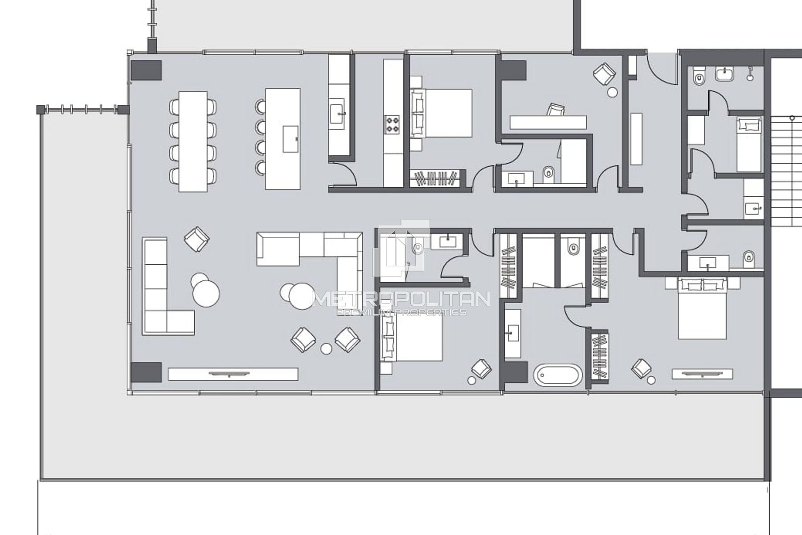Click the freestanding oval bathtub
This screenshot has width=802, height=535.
click(558, 375)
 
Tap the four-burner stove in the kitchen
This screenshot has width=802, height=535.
click(392, 124)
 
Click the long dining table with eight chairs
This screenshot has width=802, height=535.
click(193, 141)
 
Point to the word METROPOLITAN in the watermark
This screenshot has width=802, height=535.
click(401, 299)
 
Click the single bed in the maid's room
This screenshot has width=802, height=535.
click(749, 144)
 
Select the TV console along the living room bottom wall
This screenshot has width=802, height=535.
click(233, 374)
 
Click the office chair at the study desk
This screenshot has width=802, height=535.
click(556, 110)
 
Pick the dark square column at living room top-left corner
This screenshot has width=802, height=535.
click(146, 70)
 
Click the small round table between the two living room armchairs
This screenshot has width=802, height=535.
click(327, 348)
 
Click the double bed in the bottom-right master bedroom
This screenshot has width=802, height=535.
click(702, 308)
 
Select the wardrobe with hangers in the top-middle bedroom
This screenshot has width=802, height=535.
click(437, 178)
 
